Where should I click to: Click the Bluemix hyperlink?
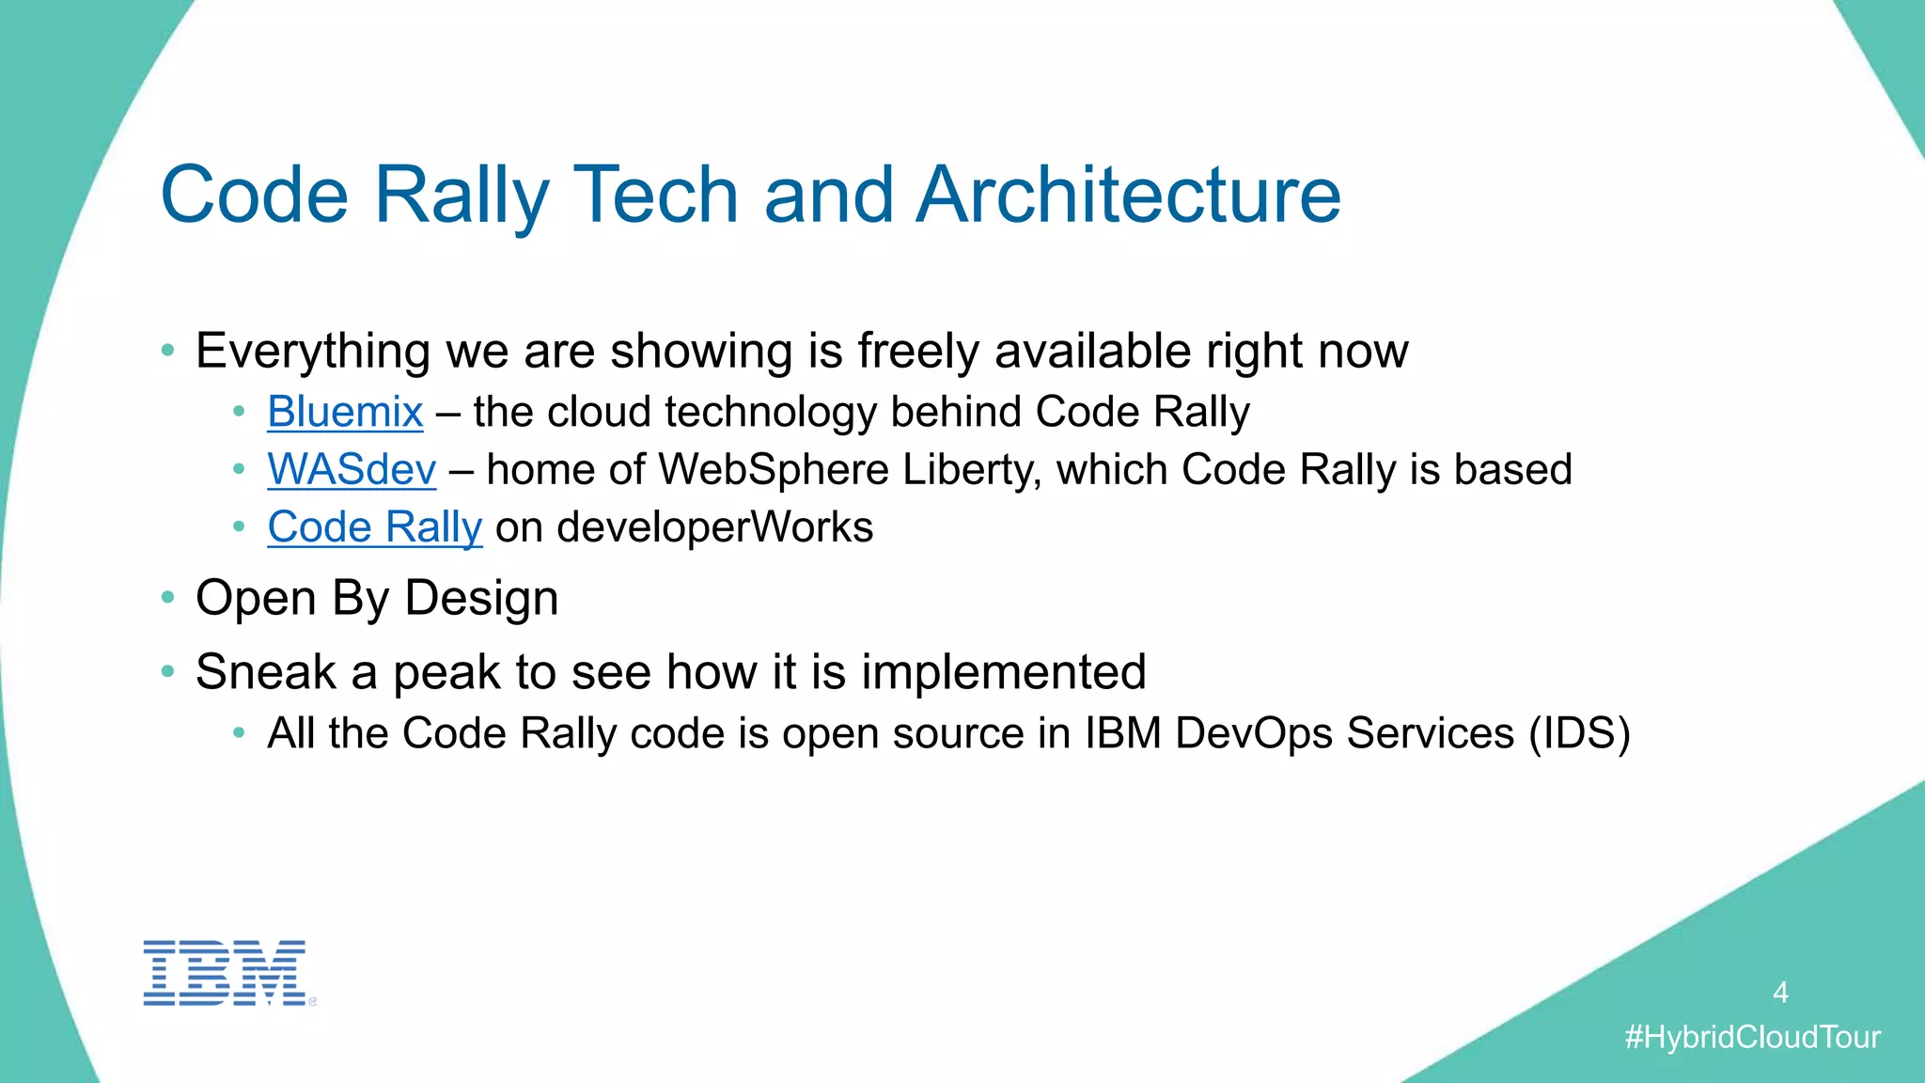345,413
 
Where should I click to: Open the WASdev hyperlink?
352,470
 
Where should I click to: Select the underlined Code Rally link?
374,527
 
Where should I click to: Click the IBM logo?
225,972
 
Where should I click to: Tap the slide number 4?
1780,993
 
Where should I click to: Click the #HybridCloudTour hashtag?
1752,1038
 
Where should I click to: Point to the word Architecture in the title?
1128,195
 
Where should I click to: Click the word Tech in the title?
655,195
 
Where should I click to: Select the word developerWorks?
714,527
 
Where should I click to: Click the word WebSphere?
773,470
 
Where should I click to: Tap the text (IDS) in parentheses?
1579,733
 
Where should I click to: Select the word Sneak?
266,672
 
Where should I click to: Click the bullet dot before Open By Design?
168,597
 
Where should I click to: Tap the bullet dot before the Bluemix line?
240,412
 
